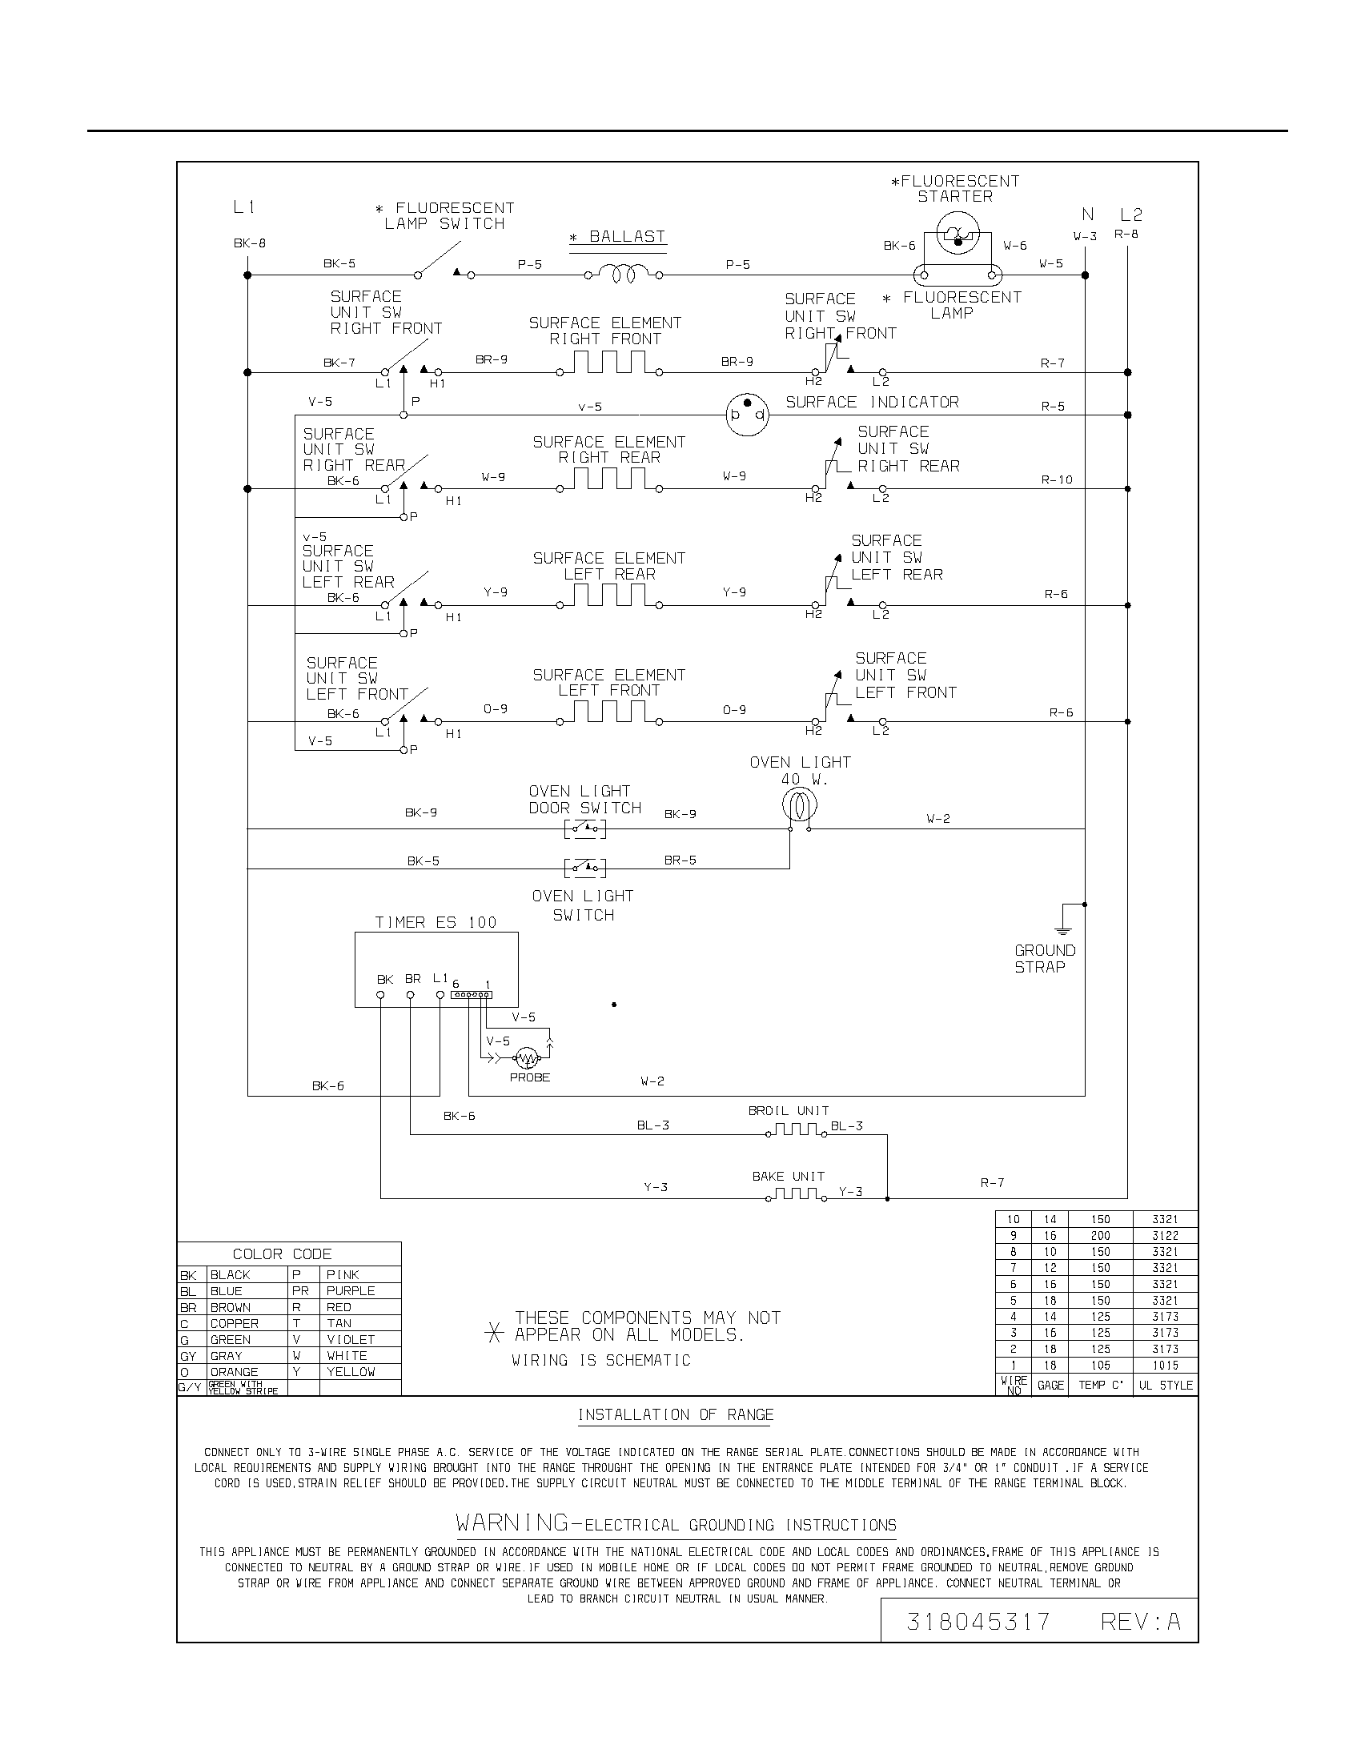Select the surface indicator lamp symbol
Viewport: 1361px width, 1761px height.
coord(747,415)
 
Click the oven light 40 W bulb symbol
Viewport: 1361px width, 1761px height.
coord(799,804)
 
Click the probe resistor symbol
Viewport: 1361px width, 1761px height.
coord(527,1057)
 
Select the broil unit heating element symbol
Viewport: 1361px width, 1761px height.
coord(796,1130)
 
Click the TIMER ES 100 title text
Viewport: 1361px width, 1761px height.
coord(436,922)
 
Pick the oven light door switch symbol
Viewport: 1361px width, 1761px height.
coord(585,828)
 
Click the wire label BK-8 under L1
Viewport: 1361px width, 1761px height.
coord(250,243)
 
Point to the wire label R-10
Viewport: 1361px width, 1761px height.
coord(1056,479)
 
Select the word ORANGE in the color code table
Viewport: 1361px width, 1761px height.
coord(234,1371)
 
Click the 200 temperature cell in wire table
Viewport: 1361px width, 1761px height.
coord(1100,1235)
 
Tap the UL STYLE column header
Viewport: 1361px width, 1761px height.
coord(1165,1385)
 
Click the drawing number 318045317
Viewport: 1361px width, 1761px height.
coord(978,1621)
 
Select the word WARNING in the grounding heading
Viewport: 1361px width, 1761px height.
coord(513,1523)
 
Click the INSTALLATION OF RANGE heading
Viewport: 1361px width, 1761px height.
coord(675,1414)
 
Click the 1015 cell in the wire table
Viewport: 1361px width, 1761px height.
coord(1165,1365)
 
